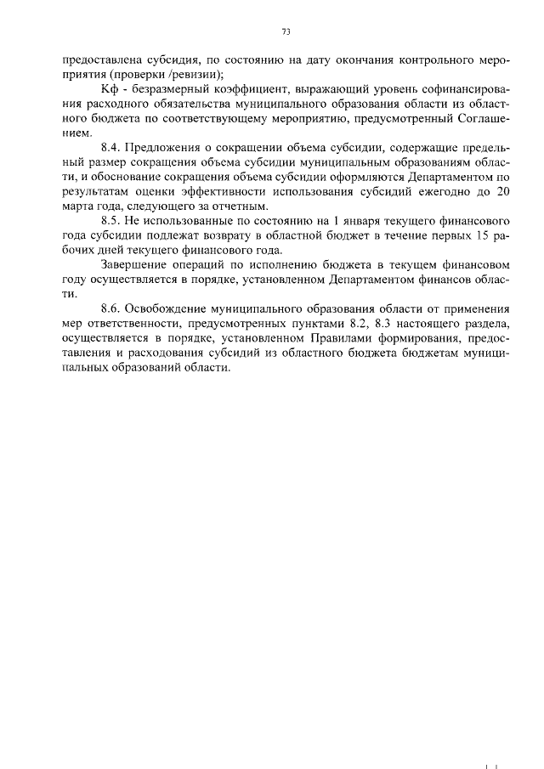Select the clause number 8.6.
click(x=111, y=308)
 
